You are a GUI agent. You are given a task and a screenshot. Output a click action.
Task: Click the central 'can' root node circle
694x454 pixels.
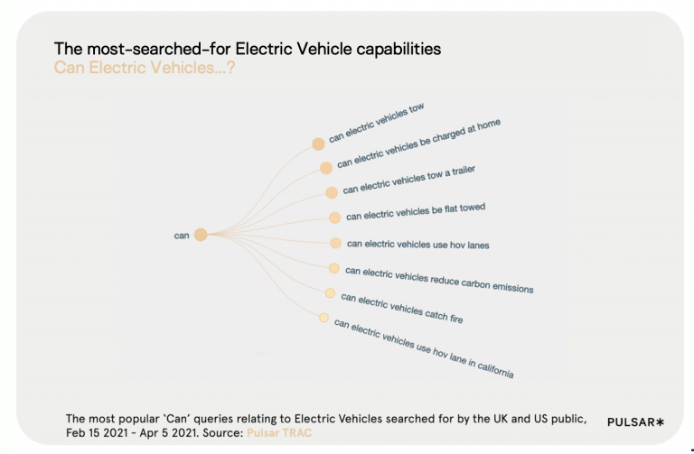pos(201,235)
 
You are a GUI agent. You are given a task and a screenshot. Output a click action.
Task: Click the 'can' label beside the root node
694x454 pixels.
pos(182,236)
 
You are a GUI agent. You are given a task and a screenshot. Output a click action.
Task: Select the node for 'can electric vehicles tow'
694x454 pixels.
pos(318,144)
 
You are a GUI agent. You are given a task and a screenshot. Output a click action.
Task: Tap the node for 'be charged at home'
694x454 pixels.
pos(325,168)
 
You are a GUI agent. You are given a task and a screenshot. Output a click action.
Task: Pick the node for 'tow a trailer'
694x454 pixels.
pos(332,192)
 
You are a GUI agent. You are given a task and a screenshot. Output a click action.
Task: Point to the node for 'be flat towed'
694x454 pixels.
pos(334,218)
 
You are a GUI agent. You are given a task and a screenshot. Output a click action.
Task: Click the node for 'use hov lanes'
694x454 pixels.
pos(335,244)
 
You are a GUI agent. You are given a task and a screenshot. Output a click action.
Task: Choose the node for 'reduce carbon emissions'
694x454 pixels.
pos(333,268)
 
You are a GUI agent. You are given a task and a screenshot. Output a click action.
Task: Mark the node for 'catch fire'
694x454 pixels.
pos(330,293)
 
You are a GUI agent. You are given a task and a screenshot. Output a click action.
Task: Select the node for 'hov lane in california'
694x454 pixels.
pos(324,318)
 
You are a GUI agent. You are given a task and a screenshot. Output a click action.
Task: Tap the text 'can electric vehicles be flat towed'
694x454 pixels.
pos(416,212)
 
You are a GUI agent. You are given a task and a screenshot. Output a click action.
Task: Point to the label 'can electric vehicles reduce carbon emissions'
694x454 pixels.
pos(439,280)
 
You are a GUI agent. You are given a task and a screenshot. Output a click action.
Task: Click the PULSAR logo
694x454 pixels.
pos(635,422)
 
